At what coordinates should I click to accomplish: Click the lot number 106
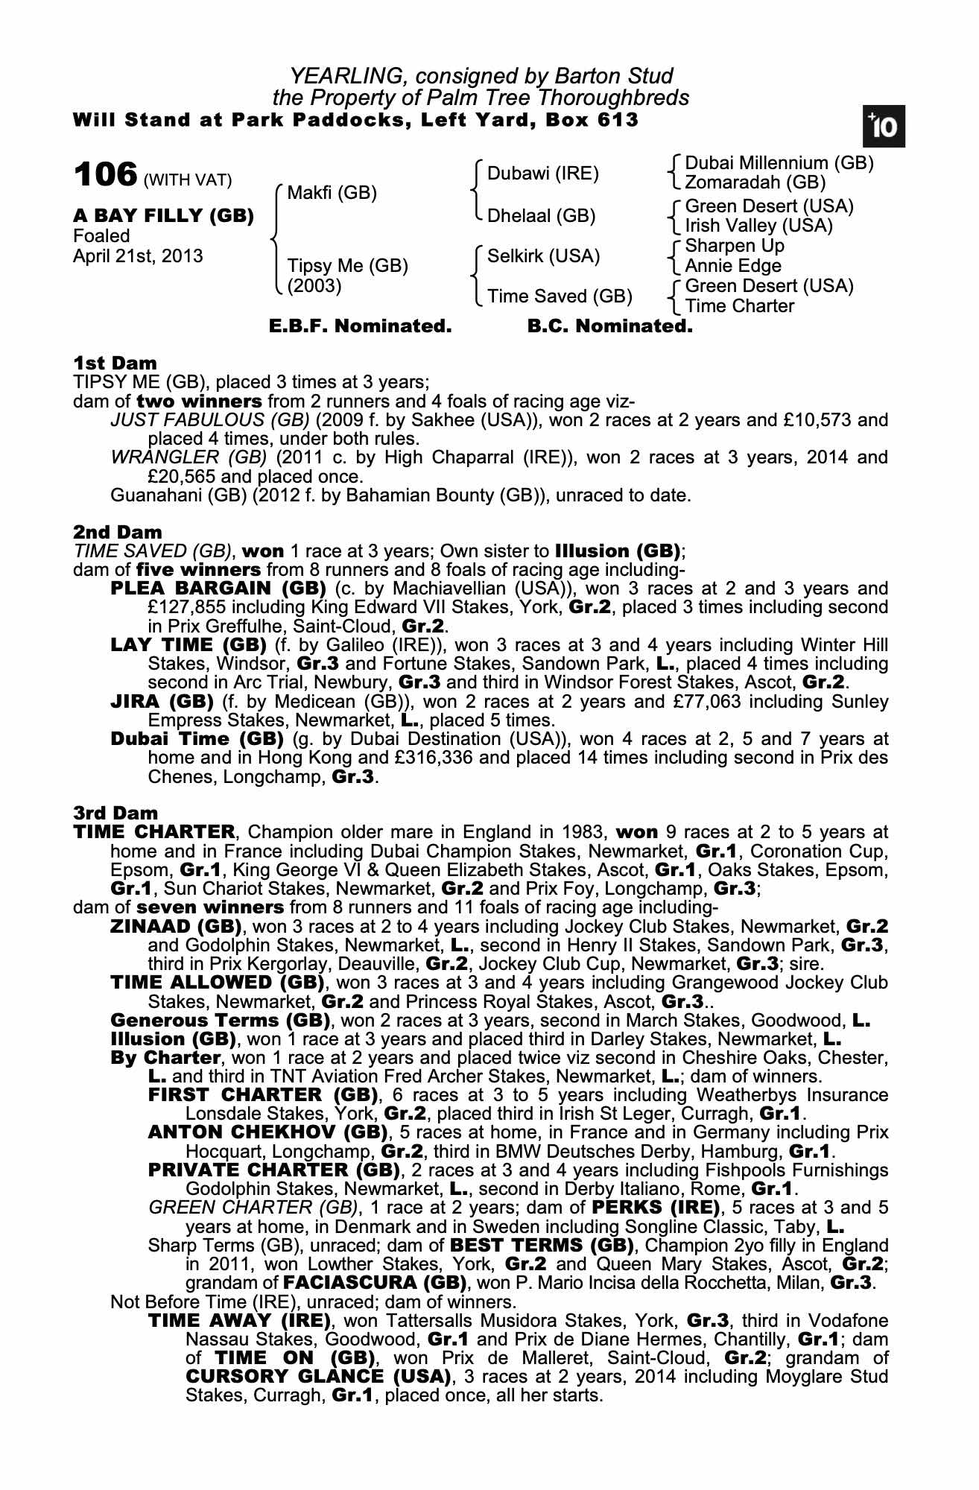(105, 176)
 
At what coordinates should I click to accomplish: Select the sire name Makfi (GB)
(332, 194)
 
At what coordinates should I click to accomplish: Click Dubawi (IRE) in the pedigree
(543, 174)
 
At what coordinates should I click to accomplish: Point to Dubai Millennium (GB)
(779, 163)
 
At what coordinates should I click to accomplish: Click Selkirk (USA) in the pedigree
(543, 256)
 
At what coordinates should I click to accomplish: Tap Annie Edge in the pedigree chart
(733, 266)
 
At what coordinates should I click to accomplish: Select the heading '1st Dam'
(115, 364)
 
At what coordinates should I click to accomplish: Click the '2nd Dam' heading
(117, 533)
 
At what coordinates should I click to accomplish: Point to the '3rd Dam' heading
(115, 813)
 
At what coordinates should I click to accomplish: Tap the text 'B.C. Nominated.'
(609, 326)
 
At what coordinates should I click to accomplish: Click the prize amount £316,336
(433, 758)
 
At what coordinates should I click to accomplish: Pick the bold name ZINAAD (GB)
(176, 927)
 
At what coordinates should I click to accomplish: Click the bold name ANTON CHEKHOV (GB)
(268, 1133)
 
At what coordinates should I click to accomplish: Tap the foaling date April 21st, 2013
(138, 256)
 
